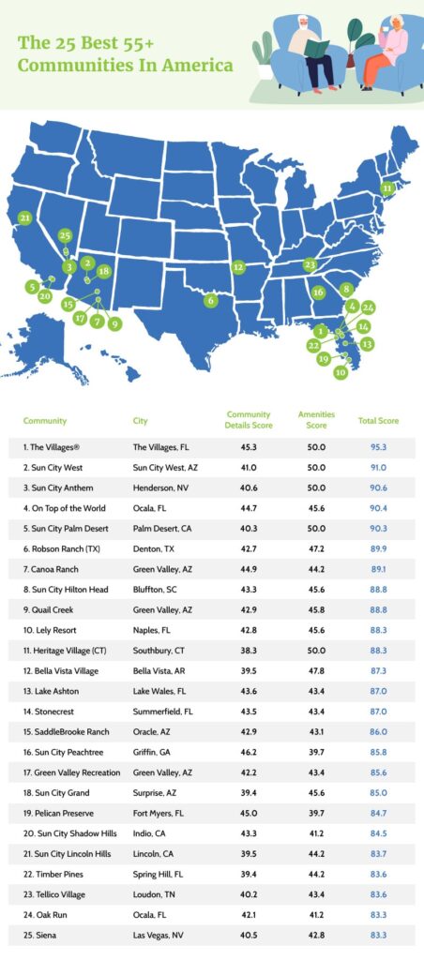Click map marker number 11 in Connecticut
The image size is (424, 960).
[x=386, y=188]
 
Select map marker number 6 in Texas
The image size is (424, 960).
[x=211, y=301]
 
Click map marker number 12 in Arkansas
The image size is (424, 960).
[x=238, y=267]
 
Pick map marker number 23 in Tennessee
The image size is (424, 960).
[x=310, y=265]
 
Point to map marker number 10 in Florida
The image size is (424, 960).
[x=341, y=372]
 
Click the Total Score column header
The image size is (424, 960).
[x=371, y=421]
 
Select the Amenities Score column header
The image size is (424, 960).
[x=316, y=420]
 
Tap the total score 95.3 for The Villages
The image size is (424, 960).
[x=371, y=447]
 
